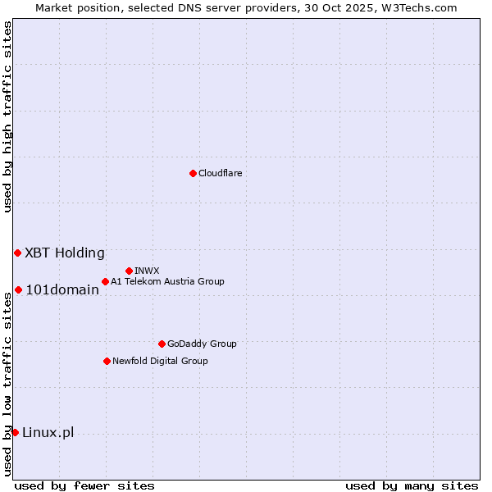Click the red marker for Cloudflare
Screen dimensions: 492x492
[193, 173]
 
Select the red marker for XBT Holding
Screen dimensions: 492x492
[17, 253]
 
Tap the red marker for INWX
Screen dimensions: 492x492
[129, 271]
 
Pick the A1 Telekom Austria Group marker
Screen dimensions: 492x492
[105, 281]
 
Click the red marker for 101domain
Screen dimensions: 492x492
[18, 289]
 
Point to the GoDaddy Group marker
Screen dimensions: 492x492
[162, 344]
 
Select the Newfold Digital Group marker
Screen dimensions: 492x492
[107, 361]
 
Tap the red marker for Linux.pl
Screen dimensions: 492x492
[15, 432]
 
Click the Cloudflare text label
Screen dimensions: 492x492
[220, 173]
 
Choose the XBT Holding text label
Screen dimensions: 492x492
[65, 253]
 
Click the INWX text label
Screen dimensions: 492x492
[147, 271]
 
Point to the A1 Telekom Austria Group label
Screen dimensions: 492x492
[167, 281]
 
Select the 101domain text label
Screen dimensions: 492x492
[62, 289]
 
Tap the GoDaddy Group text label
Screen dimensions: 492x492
[202, 344]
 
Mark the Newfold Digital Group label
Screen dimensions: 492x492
[160, 361]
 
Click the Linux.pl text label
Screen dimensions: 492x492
[48, 432]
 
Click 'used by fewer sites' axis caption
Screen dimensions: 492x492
[84, 485]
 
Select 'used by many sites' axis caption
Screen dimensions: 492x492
[412, 485]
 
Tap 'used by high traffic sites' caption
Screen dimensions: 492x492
[7, 116]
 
